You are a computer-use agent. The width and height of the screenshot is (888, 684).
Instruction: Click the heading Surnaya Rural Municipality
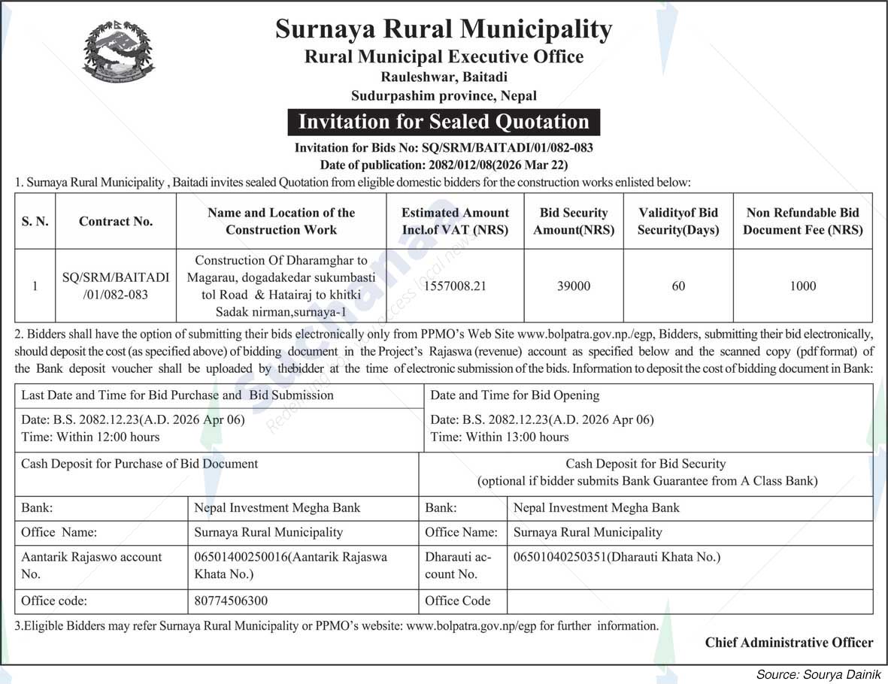(x=444, y=29)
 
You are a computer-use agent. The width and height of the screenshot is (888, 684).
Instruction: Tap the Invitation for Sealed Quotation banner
(x=444, y=122)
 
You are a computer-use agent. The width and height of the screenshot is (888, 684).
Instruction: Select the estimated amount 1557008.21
(x=455, y=286)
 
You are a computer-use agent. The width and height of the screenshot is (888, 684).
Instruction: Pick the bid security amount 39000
(x=574, y=286)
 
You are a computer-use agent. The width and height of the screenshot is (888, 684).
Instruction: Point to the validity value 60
(x=678, y=286)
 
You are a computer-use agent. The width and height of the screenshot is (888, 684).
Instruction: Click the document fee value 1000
(x=802, y=286)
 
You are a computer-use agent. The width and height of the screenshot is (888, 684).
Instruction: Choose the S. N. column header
(x=35, y=221)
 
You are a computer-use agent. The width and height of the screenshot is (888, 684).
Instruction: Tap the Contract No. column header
(x=116, y=221)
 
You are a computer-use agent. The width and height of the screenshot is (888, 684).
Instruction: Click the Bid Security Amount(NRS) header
(x=574, y=221)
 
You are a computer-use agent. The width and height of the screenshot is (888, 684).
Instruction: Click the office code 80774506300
(x=231, y=601)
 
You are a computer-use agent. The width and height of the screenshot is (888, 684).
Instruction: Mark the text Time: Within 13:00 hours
(x=499, y=437)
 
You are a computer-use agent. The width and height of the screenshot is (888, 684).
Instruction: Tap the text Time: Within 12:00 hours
(x=90, y=437)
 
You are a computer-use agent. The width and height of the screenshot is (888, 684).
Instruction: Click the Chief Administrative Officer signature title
(x=789, y=642)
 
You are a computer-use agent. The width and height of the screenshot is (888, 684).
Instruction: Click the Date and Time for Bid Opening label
(x=514, y=395)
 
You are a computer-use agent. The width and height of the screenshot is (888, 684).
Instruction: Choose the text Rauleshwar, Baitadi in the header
(x=444, y=77)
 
